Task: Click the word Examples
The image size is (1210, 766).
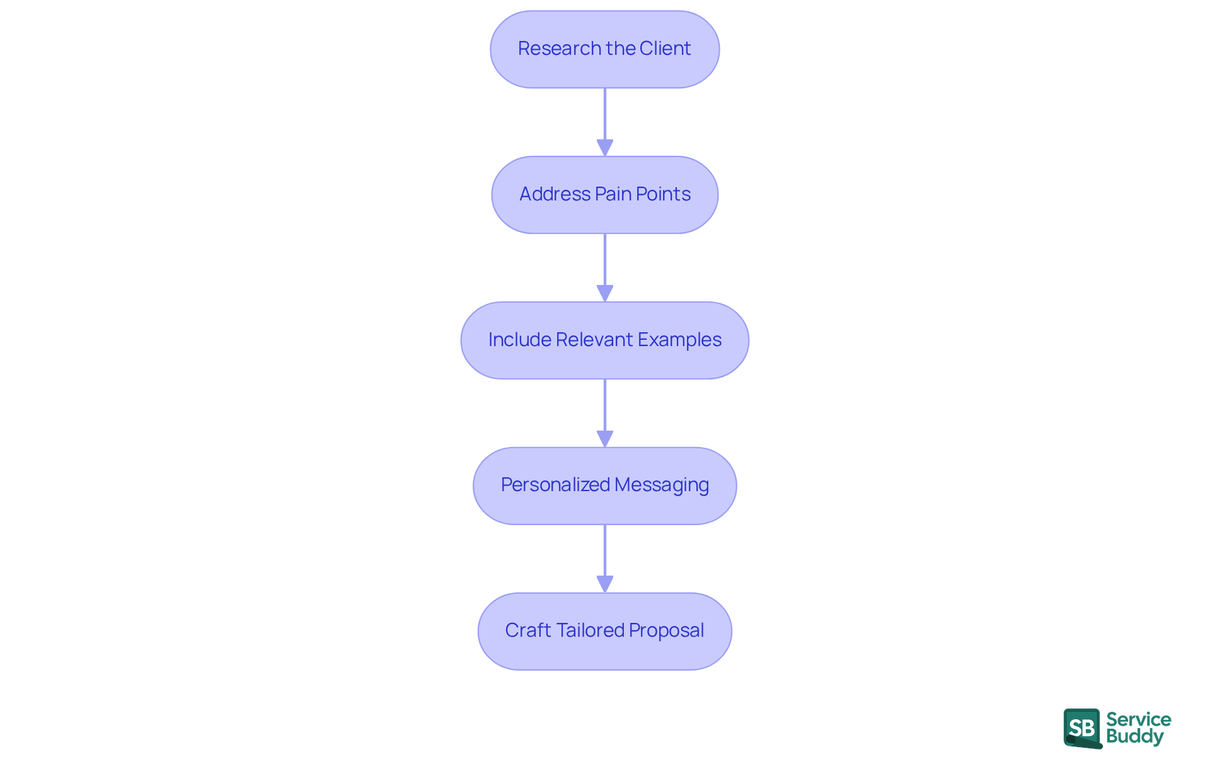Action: click(679, 340)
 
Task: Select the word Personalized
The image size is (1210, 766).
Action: click(555, 485)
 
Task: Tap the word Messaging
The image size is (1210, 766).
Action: click(662, 485)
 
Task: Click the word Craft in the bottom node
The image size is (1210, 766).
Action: click(527, 630)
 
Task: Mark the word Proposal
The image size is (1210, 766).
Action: click(666, 630)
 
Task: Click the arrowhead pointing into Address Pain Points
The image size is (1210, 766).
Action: click(605, 148)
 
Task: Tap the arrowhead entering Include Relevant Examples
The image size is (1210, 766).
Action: click(605, 293)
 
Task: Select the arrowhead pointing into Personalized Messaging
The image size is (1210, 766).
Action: click(605, 439)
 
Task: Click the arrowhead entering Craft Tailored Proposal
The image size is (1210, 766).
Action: click(605, 584)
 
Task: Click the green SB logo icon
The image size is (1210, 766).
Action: click(1082, 728)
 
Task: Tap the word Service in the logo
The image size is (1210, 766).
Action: click(1138, 719)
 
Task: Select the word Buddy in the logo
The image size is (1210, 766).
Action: click(1134, 737)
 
